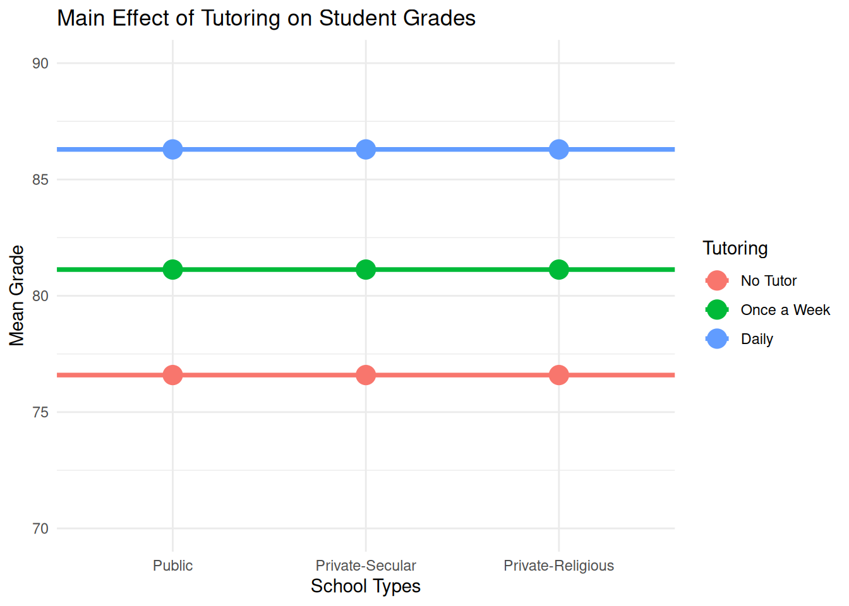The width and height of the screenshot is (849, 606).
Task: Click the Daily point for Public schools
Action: [172, 150]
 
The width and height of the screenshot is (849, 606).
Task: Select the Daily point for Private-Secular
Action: [366, 150]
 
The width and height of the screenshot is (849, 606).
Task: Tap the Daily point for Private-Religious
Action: [558, 150]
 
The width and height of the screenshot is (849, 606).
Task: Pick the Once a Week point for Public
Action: [172, 270]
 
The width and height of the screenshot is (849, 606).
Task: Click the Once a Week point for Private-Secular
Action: [366, 270]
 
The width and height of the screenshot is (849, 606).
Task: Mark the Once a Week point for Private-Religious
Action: [558, 270]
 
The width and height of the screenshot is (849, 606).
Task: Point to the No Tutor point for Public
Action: [172, 375]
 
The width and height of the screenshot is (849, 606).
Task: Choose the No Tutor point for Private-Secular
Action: [366, 375]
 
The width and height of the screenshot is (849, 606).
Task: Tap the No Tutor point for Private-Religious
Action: [558, 375]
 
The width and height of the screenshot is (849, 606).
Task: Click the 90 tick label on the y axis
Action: [40, 63]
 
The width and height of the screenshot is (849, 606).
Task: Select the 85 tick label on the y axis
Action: [40, 180]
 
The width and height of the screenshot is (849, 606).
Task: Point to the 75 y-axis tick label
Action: [40, 412]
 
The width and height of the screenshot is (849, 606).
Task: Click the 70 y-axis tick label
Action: [40, 529]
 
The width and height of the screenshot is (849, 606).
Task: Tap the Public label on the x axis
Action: [172, 566]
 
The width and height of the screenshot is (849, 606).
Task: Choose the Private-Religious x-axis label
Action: [558, 566]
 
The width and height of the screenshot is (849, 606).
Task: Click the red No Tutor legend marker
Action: [717, 281]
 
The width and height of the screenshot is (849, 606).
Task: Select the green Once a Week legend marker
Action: [717, 310]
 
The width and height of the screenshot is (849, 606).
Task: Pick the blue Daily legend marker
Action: [717, 339]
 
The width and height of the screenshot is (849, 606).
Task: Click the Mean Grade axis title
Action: [17, 295]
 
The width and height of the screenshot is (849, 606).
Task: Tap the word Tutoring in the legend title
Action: [735, 248]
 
